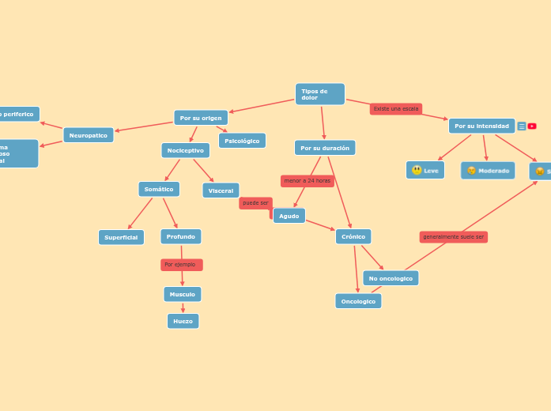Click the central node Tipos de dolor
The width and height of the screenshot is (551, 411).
[x=319, y=94]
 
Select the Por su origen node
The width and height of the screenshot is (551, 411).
[x=201, y=118]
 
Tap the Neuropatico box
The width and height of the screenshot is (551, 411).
[x=89, y=135]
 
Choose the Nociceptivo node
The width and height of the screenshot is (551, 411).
[x=186, y=150]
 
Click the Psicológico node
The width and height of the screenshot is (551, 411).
[x=242, y=141]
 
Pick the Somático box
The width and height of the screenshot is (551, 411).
[x=159, y=189]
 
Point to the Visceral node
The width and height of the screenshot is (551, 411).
[x=221, y=190]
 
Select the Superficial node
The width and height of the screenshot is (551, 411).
[x=121, y=237]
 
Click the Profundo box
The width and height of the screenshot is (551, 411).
[x=181, y=236]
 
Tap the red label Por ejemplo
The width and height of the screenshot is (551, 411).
[x=181, y=265]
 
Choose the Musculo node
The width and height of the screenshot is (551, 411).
[x=183, y=294]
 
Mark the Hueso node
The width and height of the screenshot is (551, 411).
[x=183, y=321]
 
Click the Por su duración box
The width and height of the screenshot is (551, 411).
[x=325, y=148]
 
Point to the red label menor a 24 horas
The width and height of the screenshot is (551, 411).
[x=308, y=181]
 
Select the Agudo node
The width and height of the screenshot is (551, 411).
[x=289, y=216]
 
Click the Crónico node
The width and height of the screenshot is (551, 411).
[x=353, y=236]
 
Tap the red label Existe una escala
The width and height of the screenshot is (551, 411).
[x=396, y=109]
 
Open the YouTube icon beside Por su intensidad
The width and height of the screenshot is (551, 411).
[x=532, y=126]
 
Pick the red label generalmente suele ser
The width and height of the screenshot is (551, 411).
[x=454, y=237]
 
